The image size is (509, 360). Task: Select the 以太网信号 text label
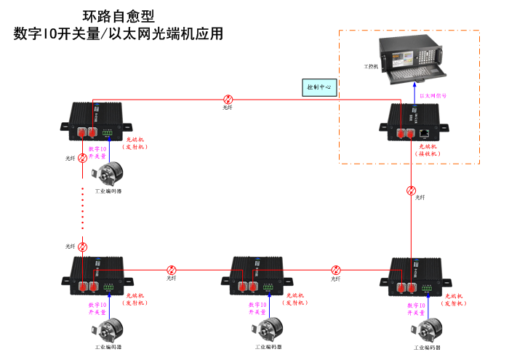point(433,95)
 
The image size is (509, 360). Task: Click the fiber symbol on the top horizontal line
point(228,99)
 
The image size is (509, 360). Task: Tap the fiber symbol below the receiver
point(412,191)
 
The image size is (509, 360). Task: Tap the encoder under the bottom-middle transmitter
point(270,329)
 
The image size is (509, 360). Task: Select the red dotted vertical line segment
point(82,207)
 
